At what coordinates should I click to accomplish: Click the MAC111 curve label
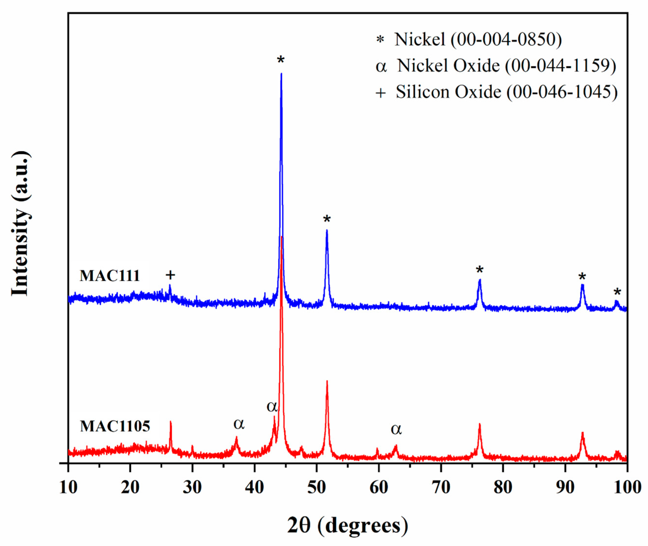(x=110, y=276)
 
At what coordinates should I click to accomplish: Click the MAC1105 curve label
(x=115, y=426)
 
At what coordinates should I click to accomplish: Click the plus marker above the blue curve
(x=170, y=275)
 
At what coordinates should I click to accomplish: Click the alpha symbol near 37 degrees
(x=239, y=424)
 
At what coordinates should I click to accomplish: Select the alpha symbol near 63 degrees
(x=396, y=429)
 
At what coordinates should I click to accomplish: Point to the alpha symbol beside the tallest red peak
(x=272, y=406)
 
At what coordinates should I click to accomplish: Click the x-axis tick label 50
(x=316, y=488)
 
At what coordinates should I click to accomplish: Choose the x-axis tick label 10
(x=68, y=488)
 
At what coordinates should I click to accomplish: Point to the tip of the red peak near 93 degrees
(x=582, y=433)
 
